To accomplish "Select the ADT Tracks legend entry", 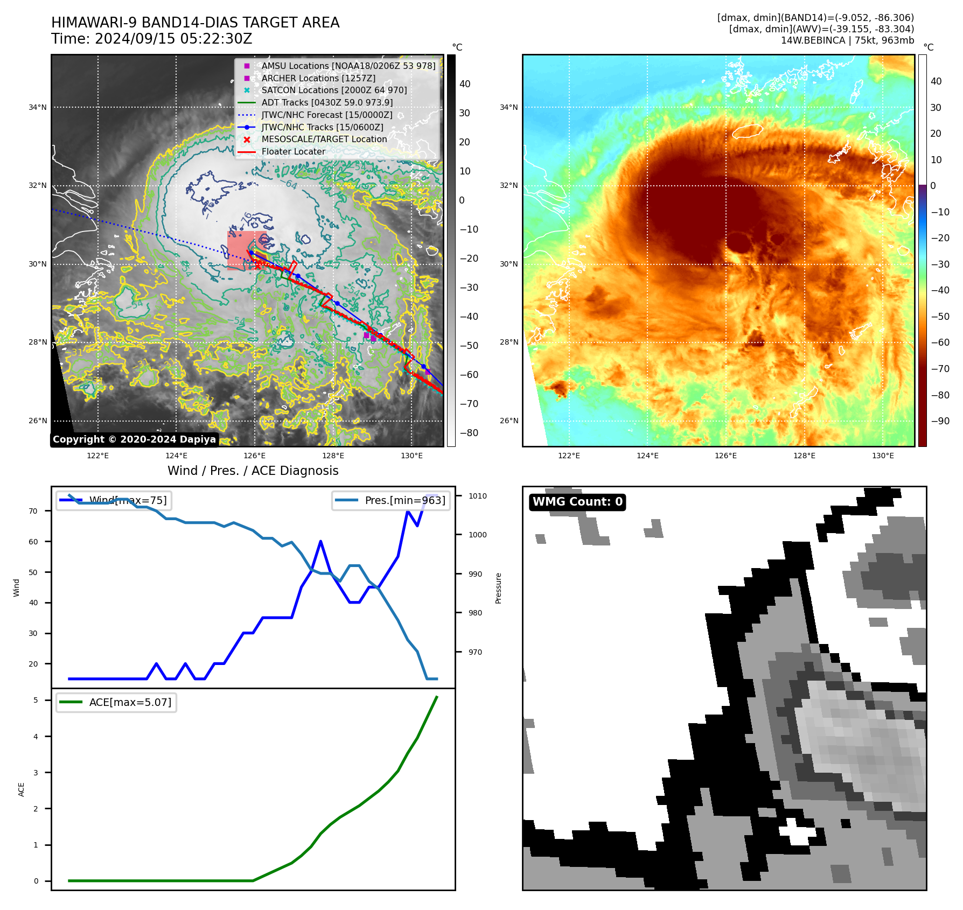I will (x=327, y=102).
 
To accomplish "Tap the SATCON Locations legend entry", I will (x=334, y=90).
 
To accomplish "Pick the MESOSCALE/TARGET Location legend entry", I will (x=324, y=139).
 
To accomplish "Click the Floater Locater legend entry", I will (x=294, y=151).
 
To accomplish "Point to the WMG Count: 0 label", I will (x=577, y=502).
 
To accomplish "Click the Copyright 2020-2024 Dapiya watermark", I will (x=134, y=439).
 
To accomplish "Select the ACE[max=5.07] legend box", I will (x=116, y=702).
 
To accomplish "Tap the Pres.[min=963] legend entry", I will (x=391, y=500).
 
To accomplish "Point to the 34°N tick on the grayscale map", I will (x=38, y=107).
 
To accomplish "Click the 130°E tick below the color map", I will (x=883, y=456).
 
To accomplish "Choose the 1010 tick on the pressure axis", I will (x=477, y=496).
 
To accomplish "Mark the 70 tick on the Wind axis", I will (x=33, y=511).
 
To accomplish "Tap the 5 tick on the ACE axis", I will (x=36, y=700).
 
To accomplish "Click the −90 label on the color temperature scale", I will (x=940, y=421).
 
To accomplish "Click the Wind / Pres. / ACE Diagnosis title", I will (x=253, y=471).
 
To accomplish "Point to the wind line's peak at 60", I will (x=320, y=541).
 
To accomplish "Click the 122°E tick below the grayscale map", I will (x=97, y=456).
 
